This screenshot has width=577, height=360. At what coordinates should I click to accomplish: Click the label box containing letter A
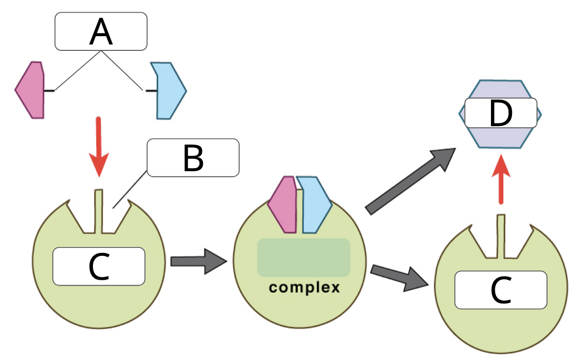click(x=101, y=31)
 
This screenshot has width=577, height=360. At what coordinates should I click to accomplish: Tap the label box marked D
click(x=500, y=112)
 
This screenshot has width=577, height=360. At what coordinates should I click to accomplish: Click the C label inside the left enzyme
click(x=99, y=267)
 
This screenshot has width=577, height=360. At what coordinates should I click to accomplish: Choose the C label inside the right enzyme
click(x=500, y=290)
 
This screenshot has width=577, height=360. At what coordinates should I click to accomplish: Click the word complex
click(x=304, y=287)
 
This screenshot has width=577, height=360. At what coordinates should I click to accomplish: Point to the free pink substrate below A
click(x=30, y=90)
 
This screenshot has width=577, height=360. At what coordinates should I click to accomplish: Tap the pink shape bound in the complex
click(x=283, y=204)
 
